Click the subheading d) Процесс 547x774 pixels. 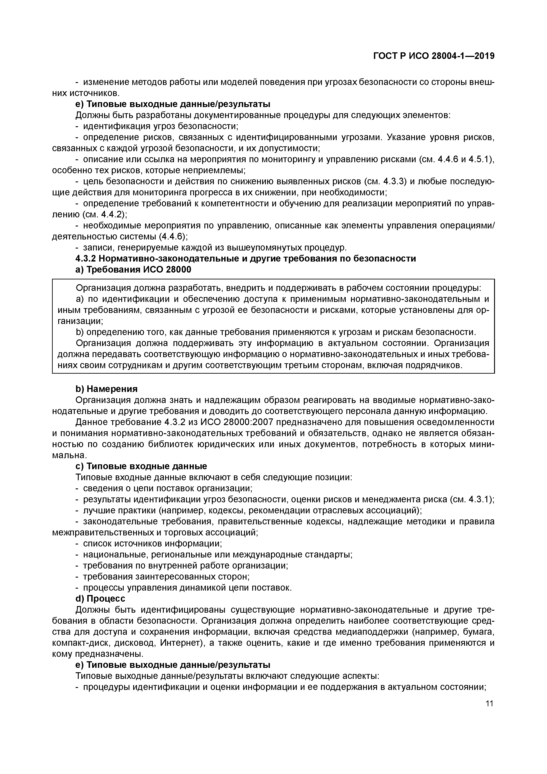point(100,599)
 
